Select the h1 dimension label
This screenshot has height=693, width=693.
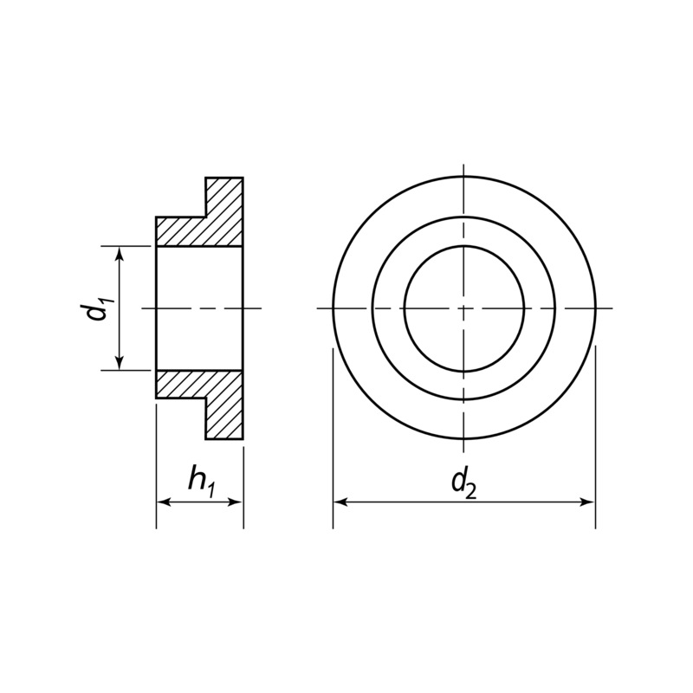coord(200,482)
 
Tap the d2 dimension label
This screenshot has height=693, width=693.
coord(464,483)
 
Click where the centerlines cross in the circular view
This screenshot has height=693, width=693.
coord(464,308)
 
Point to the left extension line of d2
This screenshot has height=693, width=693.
coord(334,433)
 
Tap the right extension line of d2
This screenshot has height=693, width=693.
coord(595,433)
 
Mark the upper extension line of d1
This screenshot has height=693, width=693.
coord(130,246)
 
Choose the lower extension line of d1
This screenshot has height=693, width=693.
coord(130,370)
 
